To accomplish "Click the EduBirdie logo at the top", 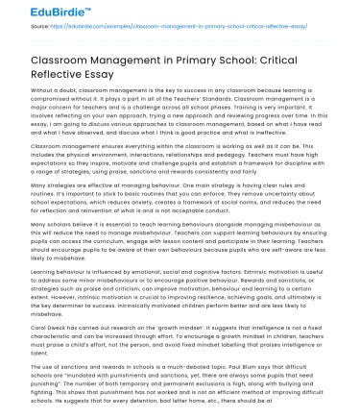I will point(42,10).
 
